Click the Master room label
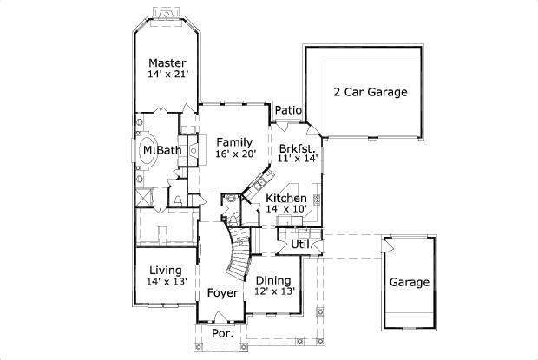(x=167, y=62)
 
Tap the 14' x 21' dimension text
(x=167, y=75)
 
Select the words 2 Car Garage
(x=371, y=91)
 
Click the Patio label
(x=288, y=111)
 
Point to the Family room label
(x=234, y=142)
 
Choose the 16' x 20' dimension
(x=234, y=154)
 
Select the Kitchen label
(x=285, y=199)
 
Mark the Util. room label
(x=301, y=245)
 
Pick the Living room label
(x=165, y=270)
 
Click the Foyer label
(x=222, y=293)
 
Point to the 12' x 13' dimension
(x=274, y=291)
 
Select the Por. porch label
(x=222, y=334)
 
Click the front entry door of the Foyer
(x=222, y=323)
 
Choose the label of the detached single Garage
(x=409, y=283)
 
